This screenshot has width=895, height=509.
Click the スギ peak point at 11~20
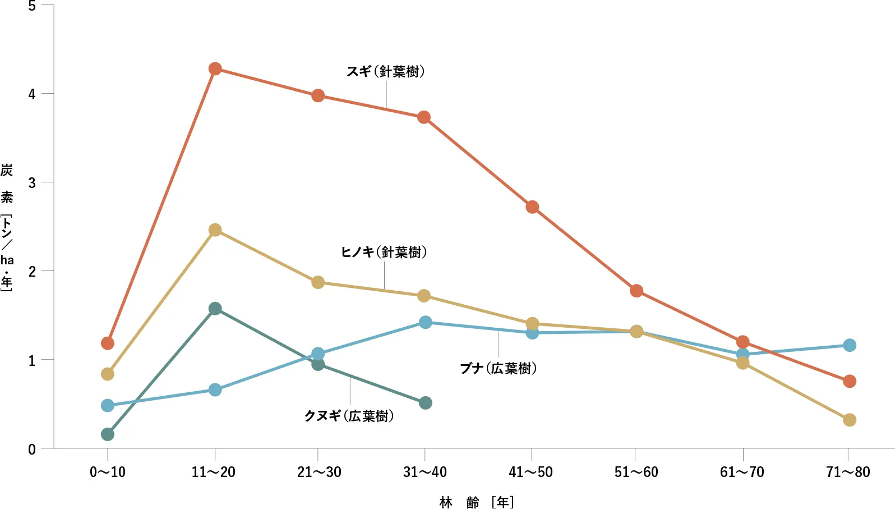click(215, 69)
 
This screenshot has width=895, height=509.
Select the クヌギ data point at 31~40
click(425, 403)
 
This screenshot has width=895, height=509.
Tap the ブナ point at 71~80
click(850, 345)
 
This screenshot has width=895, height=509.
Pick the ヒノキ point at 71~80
click(850, 420)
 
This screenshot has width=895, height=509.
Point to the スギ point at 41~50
click(532, 207)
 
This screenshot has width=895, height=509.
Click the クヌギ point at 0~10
click(108, 434)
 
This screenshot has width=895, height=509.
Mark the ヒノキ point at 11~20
click(215, 230)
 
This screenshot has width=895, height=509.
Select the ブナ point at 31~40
click(425, 322)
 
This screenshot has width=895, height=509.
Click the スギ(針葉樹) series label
click(386, 72)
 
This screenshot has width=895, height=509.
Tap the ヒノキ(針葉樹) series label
click(384, 253)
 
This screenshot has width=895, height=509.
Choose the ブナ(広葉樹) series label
click(499, 369)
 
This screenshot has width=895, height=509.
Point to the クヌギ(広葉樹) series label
click(349, 416)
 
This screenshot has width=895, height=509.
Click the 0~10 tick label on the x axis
click(108, 472)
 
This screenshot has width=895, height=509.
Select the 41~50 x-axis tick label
click(530, 472)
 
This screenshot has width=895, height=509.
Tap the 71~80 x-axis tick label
click(848, 472)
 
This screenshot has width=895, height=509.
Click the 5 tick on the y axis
click(32, 6)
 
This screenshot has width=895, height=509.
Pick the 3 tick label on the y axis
click(32, 183)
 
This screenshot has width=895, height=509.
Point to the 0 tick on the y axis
click(32, 449)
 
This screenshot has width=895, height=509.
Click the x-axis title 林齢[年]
click(477, 502)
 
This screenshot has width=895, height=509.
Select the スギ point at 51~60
click(636, 291)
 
